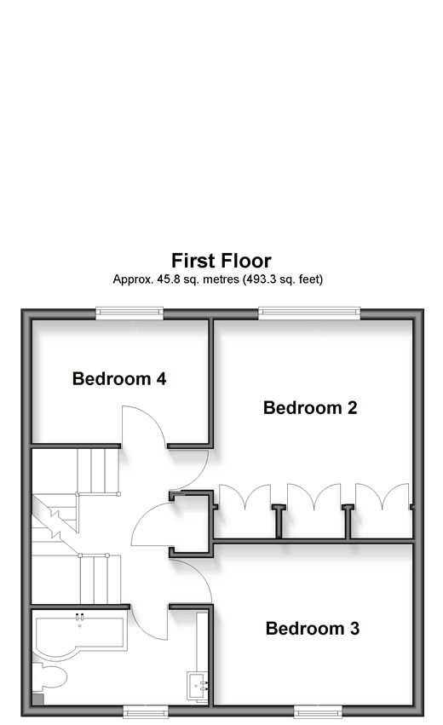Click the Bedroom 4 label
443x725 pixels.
point(118,378)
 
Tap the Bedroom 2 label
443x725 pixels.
point(310,408)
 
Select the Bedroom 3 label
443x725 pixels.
point(312,629)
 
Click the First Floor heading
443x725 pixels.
point(221,261)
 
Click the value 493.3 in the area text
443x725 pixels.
point(260,279)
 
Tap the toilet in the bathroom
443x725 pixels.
point(49,676)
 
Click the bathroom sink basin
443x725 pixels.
point(197,686)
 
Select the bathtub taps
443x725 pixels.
point(79,617)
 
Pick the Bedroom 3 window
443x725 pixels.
point(318,711)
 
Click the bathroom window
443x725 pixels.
point(145,711)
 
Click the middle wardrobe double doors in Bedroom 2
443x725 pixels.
point(314,497)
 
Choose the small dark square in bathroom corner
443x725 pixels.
point(37,699)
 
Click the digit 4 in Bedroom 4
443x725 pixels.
point(161,378)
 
